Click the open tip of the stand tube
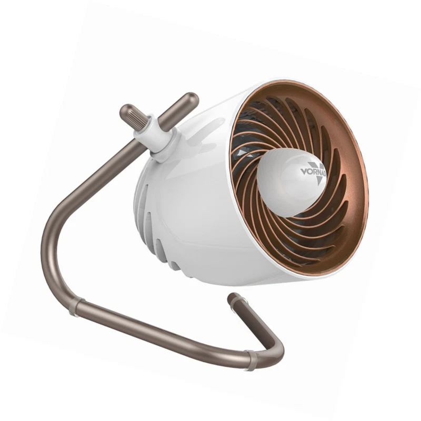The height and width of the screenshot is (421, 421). pyautogui.click(x=232, y=299)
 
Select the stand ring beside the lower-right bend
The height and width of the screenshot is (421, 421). pyautogui.click(x=252, y=360)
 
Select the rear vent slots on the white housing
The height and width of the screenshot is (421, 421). pyautogui.click(x=153, y=226)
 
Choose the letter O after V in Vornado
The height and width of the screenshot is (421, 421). pyautogui.click(x=309, y=171)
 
